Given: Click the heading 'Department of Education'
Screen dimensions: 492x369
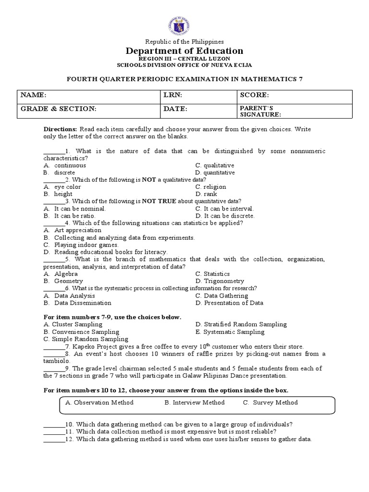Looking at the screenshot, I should point(184,51).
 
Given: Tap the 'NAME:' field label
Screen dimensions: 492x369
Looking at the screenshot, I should point(33,96).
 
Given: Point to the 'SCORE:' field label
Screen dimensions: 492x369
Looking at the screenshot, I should point(255,96).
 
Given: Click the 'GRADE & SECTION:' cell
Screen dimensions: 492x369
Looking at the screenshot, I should point(58,109).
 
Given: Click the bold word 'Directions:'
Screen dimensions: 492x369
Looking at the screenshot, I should point(60,130).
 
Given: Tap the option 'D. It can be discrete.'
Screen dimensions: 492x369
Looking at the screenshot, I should point(225,216).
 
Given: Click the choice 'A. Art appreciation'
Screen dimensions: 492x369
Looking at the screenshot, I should point(72,230).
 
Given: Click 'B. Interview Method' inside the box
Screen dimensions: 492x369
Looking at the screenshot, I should point(195,403).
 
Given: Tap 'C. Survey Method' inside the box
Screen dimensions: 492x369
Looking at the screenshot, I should point(270,403).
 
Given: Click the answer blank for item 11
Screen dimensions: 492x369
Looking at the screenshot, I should point(54,432).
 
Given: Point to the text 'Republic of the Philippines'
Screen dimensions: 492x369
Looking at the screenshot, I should point(184,42).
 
